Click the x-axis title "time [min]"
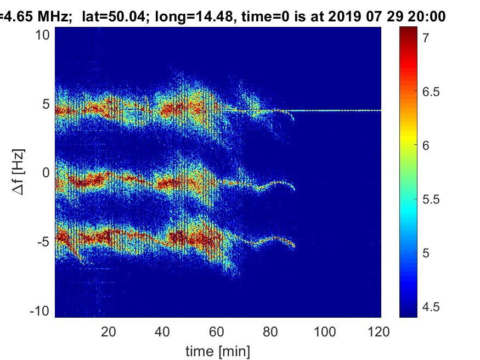click(218, 350)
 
